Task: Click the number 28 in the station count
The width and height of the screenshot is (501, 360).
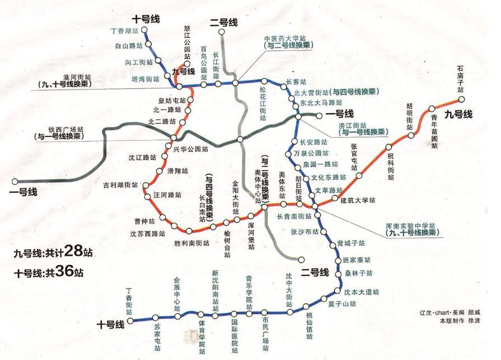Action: click(x=74, y=251)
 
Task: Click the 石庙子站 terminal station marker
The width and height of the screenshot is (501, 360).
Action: click(x=462, y=100)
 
